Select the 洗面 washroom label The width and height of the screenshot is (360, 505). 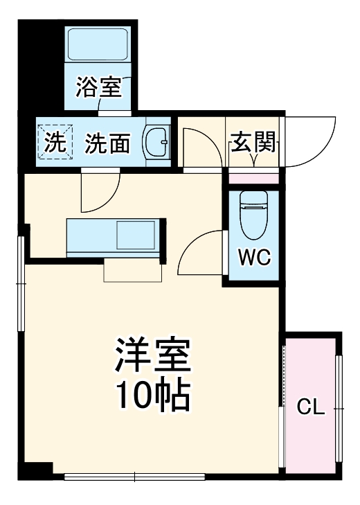(107, 143)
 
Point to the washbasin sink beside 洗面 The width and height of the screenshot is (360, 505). (156, 143)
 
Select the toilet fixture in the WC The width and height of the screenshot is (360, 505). (253, 215)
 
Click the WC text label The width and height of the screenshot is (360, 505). (254, 258)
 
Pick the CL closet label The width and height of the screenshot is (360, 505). (310, 407)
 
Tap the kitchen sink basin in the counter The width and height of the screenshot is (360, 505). (136, 236)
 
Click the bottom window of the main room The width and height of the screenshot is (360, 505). (135, 476)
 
